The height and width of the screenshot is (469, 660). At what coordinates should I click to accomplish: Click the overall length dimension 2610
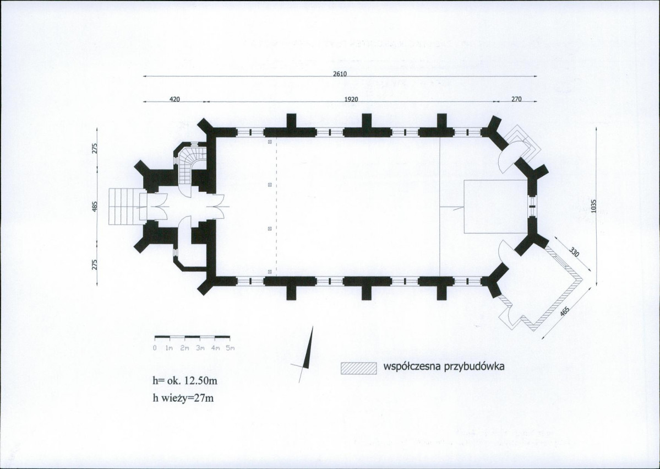[x=340, y=74]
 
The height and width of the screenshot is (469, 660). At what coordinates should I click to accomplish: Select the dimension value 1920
[x=351, y=99]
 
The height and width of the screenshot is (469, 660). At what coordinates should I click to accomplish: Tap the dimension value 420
[x=174, y=99]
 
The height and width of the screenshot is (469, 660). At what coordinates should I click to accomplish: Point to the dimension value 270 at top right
[x=516, y=99]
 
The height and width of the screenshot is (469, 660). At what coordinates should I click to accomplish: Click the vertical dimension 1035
[x=593, y=206]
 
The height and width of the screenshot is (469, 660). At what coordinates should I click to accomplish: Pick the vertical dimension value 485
[x=95, y=206]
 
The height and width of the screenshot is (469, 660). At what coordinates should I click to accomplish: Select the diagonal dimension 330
[x=574, y=252]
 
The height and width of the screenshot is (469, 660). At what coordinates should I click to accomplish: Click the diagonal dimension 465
[x=565, y=311]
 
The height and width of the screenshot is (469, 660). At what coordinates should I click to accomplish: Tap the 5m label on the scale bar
[x=230, y=348]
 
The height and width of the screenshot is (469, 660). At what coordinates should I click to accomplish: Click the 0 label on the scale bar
[x=155, y=348]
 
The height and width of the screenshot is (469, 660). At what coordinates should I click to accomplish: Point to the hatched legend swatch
[x=358, y=368]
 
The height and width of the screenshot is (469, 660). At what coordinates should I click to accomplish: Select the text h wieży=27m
[x=183, y=397]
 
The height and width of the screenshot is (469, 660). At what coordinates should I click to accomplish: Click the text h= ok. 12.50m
[x=185, y=380]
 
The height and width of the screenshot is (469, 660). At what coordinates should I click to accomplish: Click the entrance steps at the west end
[x=124, y=206]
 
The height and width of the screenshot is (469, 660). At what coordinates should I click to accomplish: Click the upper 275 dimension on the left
[x=95, y=148]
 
